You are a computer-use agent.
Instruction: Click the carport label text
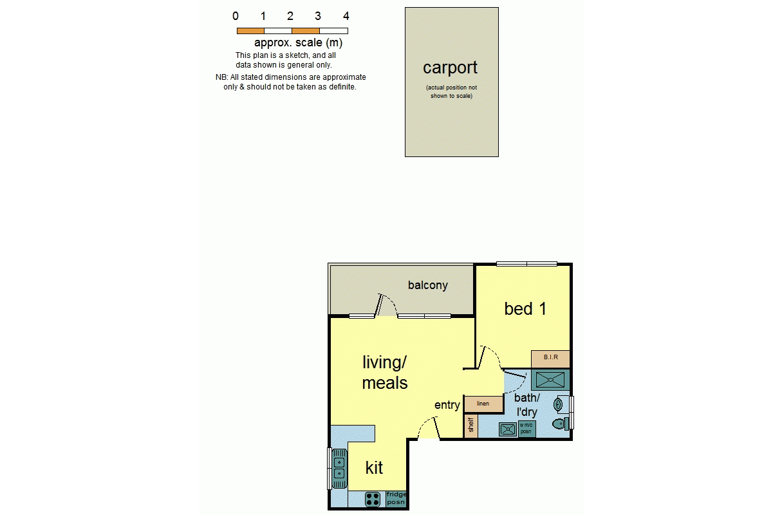click(450, 68)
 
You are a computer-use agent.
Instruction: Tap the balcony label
click(427, 285)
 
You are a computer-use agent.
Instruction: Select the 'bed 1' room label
click(525, 308)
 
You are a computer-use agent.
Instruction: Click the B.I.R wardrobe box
click(550, 359)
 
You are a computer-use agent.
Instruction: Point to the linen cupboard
click(483, 404)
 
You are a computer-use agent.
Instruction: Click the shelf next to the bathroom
click(470, 425)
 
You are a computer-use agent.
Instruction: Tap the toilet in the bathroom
click(561, 424)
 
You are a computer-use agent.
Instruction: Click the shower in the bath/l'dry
click(550, 380)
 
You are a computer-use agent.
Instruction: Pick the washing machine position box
click(526, 428)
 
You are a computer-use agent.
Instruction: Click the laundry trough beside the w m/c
click(508, 429)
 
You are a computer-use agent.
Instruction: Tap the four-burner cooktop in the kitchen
click(373, 500)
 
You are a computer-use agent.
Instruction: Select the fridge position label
click(396, 498)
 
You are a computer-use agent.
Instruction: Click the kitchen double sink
click(339, 469)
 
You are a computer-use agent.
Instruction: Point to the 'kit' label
click(374, 468)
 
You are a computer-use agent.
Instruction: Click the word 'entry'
click(447, 405)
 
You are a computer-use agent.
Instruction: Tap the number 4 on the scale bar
click(346, 16)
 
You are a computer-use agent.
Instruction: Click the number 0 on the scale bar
click(236, 16)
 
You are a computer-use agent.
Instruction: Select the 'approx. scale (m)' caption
click(298, 42)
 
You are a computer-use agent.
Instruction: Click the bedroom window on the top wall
click(526, 264)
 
